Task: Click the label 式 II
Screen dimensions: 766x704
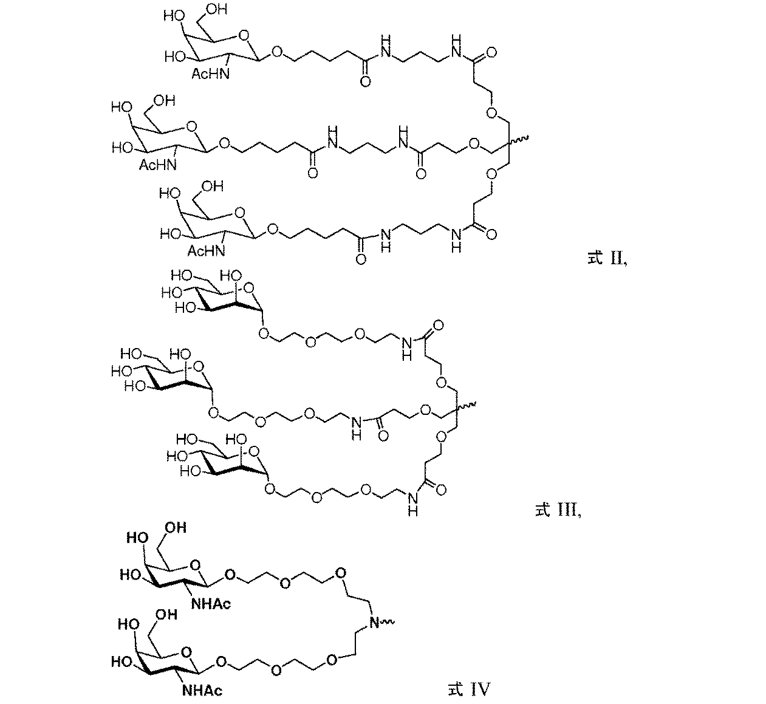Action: click(607, 258)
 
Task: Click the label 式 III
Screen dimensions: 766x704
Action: click(558, 510)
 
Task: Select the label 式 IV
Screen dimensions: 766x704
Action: click(468, 689)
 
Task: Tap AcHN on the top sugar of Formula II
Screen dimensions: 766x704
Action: click(210, 73)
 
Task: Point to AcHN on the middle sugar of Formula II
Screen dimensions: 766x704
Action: click(158, 165)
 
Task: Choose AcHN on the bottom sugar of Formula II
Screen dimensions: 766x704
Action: click(206, 251)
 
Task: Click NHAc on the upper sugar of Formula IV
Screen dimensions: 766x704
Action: click(211, 604)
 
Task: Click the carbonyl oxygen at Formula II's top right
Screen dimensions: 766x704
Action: click(492, 53)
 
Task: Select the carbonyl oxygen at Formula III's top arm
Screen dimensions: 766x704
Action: click(439, 326)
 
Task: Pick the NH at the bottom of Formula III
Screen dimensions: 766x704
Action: click(413, 504)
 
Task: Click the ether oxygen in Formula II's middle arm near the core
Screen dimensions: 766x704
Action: click(474, 144)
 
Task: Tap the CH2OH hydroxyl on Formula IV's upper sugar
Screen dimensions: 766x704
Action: click(176, 527)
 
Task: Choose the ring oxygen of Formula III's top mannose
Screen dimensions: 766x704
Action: click(249, 287)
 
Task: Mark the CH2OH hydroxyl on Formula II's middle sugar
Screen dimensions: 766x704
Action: click(165, 101)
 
